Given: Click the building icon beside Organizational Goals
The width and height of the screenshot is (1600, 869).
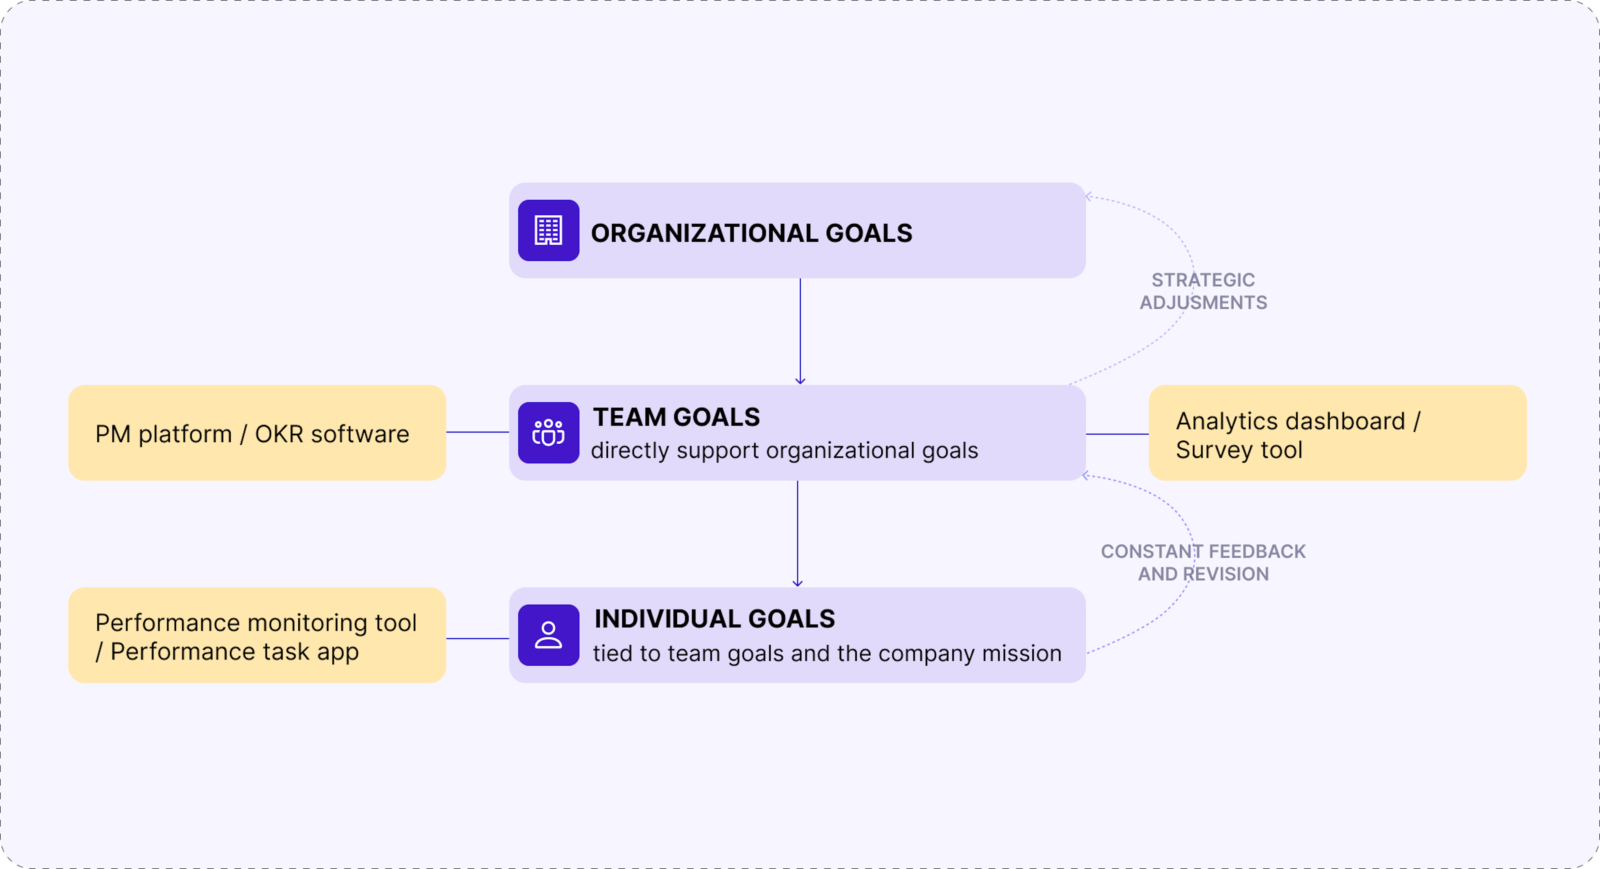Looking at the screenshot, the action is click(548, 230).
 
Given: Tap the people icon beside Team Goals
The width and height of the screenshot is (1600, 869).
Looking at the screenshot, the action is click(548, 432).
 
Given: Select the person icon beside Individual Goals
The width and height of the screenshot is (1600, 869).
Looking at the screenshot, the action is click(548, 635).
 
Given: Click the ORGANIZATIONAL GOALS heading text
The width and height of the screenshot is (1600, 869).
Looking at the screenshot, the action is click(751, 233).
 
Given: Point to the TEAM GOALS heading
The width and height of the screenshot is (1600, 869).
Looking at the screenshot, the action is click(676, 417).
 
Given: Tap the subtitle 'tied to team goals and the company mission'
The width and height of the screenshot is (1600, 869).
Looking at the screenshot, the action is click(827, 653).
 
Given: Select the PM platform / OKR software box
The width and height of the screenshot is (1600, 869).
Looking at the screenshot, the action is click(257, 432).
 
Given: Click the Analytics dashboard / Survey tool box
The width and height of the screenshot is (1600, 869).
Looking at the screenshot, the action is click(1337, 432).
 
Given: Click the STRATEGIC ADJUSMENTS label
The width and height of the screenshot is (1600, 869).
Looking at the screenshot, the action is click(1203, 291).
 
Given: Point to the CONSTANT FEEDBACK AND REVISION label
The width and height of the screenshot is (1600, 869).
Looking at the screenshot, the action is click(1203, 563).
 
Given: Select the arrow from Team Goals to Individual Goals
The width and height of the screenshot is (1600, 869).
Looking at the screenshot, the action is click(798, 534).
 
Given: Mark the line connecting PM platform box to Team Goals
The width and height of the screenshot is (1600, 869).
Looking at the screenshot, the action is click(478, 432).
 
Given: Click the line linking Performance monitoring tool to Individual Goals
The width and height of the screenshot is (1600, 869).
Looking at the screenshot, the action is click(478, 638).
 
